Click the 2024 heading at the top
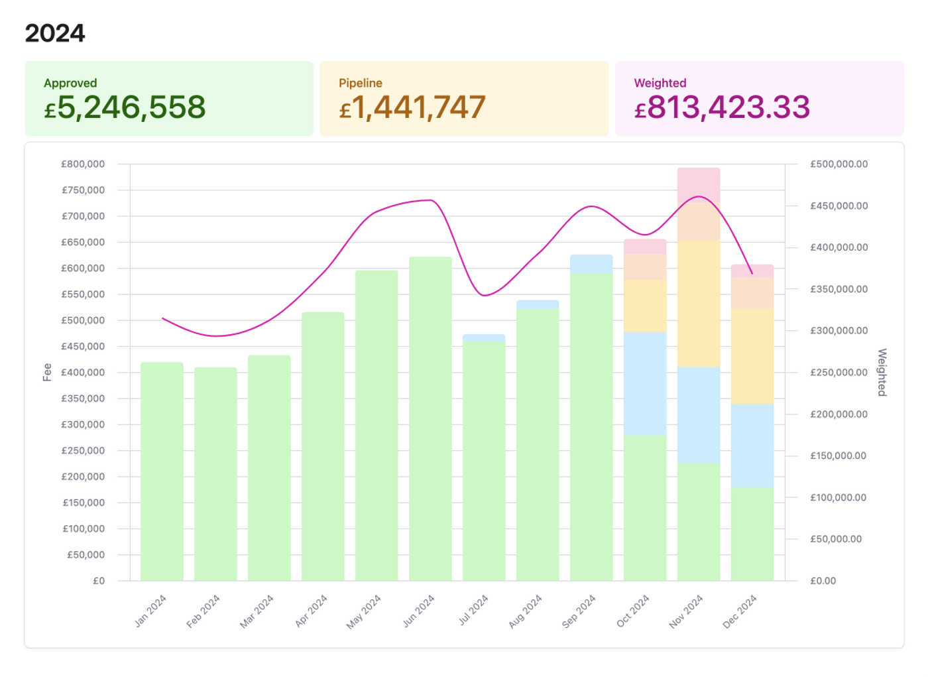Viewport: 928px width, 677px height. (55, 33)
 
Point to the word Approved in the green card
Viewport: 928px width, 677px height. (70, 83)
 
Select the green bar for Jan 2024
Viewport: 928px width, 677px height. (162, 471)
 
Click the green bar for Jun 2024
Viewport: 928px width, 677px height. (430, 418)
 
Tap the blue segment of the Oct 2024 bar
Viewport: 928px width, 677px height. (645, 383)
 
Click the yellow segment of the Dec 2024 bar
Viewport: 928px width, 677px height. (752, 356)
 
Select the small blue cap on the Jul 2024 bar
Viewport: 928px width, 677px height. (484, 338)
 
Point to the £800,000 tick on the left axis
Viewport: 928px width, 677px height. (83, 164)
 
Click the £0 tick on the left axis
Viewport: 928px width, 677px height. (98, 581)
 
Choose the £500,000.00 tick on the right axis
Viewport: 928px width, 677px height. (839, 164)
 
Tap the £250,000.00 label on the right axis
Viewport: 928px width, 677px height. (839, 373)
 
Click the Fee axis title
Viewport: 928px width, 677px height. (47, 372)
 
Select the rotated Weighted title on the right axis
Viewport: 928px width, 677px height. (882, 372)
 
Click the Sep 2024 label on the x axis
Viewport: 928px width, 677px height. (579, 611)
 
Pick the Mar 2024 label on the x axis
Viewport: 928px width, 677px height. (257, 611)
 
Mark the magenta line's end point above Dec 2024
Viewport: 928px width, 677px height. (752, 273)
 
